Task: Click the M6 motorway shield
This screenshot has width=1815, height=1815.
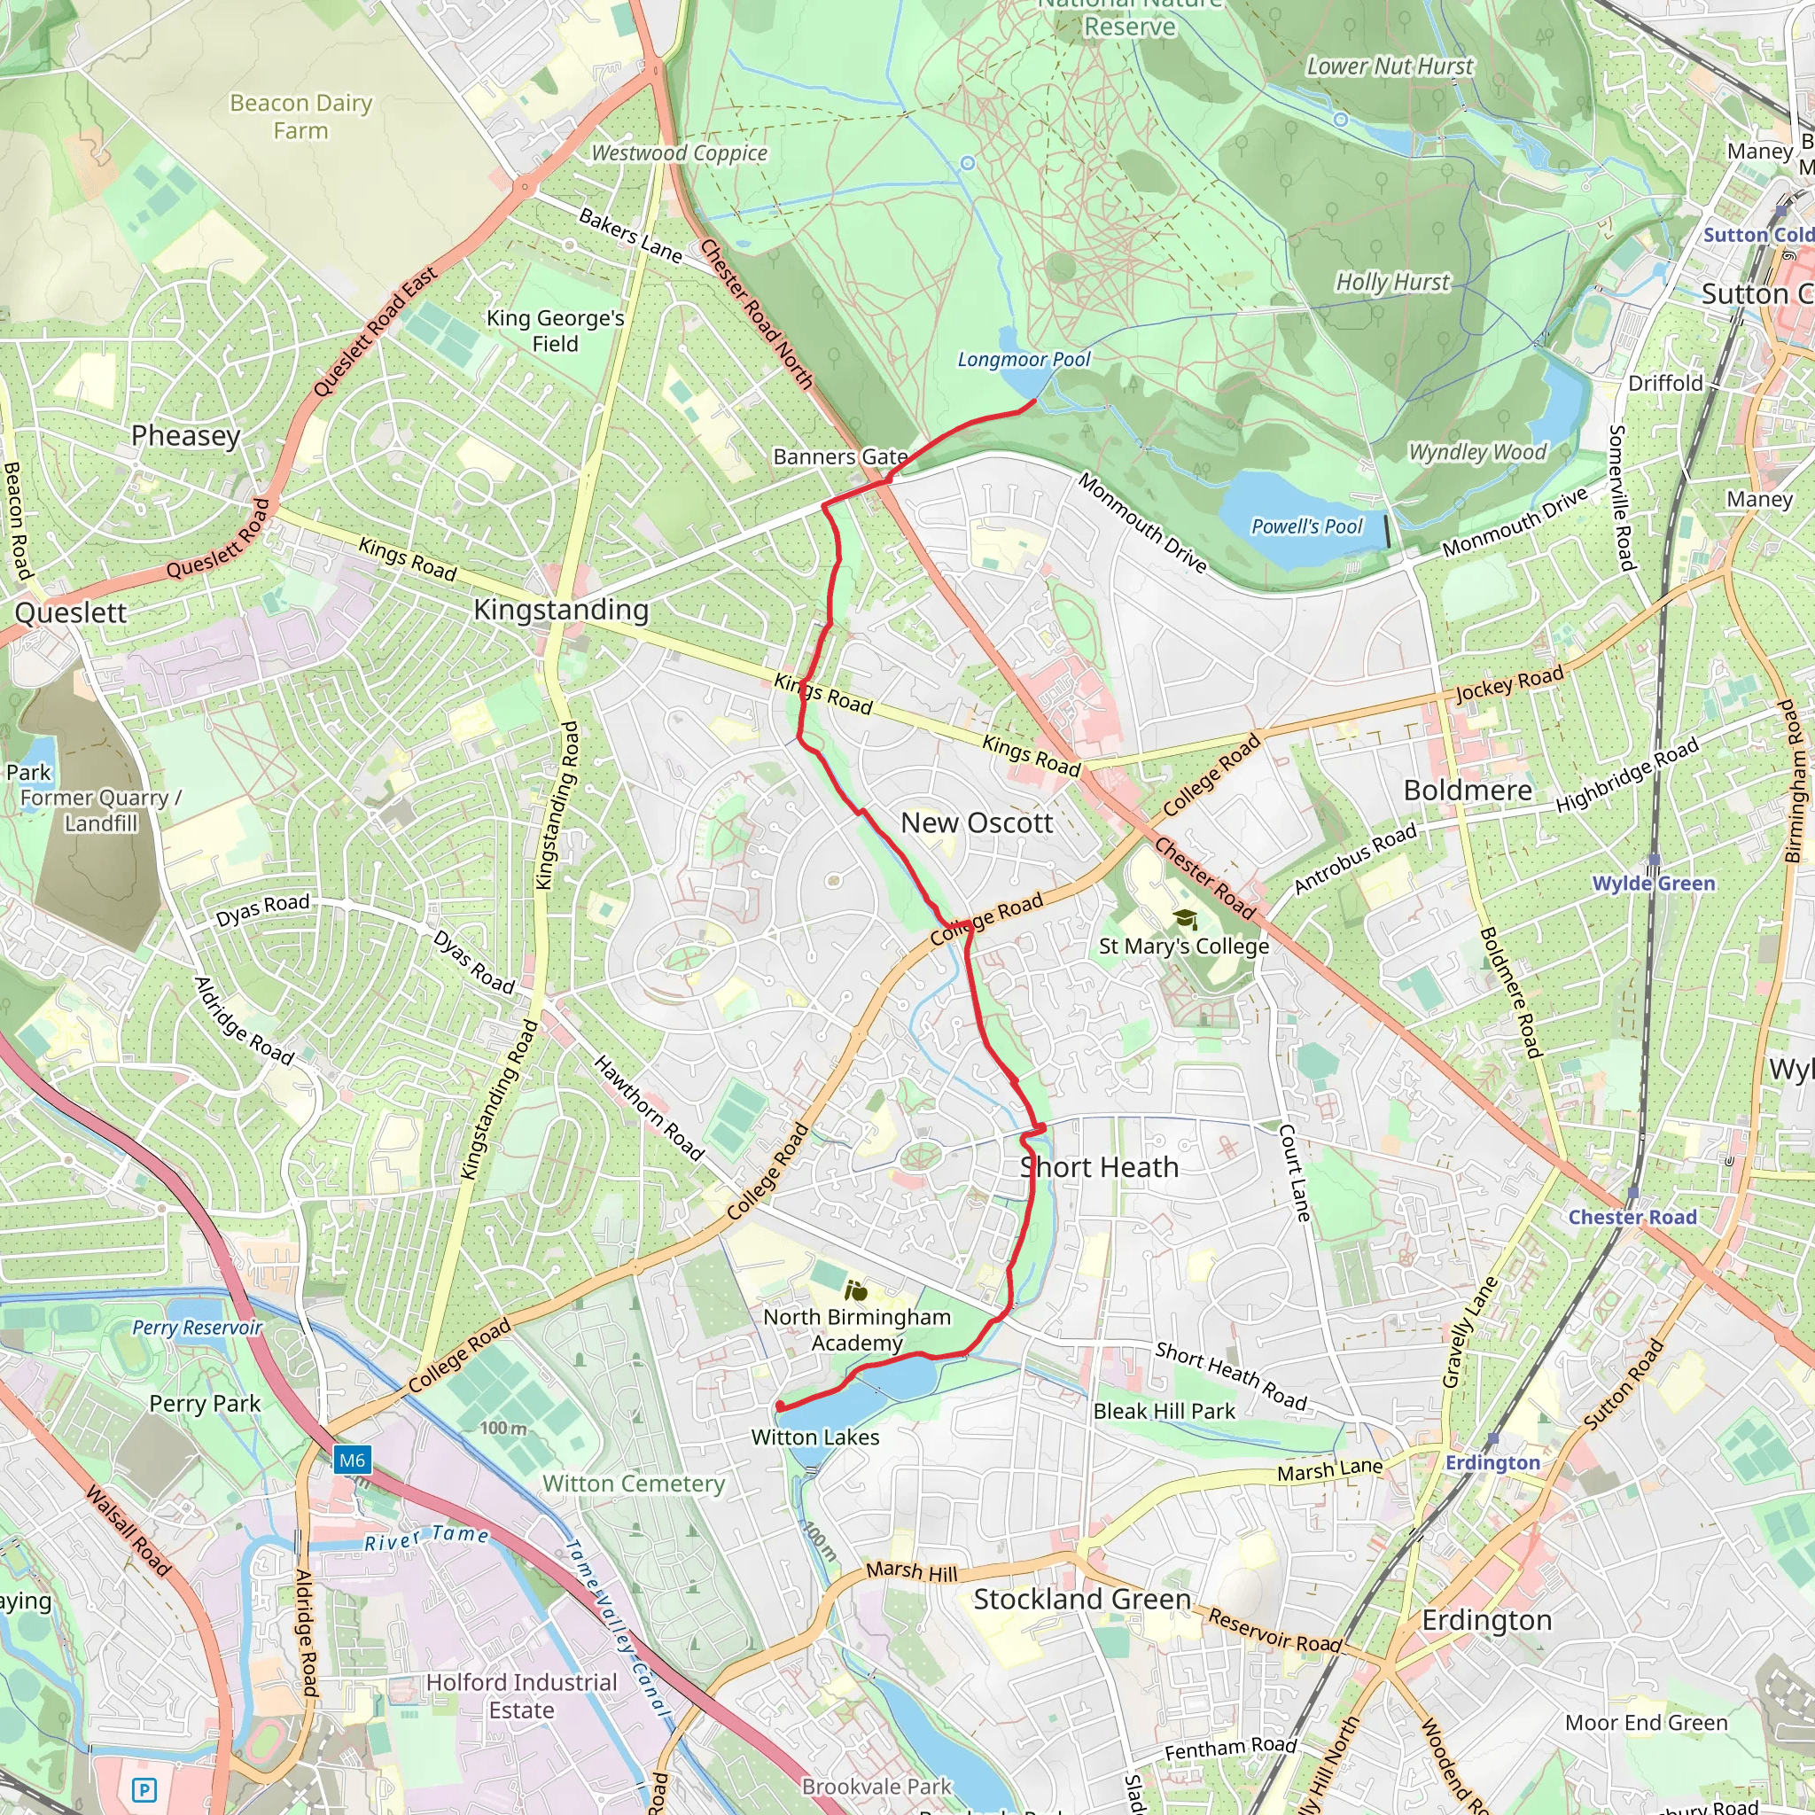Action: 353,1460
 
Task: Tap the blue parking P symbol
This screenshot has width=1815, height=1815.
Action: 144,1789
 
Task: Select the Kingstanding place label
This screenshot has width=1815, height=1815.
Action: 561,610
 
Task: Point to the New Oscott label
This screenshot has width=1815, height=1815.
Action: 976,823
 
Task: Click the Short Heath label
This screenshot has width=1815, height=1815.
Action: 1099,1167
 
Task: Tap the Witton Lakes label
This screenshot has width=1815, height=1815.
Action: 814,1437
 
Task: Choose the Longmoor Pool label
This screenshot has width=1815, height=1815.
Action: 1023,359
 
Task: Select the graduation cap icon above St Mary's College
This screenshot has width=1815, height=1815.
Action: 1185,919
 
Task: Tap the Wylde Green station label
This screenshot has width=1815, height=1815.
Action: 1653,883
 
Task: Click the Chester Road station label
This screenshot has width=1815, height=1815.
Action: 1632,1217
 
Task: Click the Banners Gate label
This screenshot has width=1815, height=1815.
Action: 840,456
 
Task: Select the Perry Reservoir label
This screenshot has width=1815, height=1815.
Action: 197,1328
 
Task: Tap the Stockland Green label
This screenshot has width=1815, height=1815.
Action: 1081,1599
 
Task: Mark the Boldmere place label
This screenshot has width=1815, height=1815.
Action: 1468,790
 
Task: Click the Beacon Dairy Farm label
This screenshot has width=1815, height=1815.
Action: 300,115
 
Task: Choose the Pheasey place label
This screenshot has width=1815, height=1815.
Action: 185,435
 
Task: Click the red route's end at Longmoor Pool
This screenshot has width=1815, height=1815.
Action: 1034,402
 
